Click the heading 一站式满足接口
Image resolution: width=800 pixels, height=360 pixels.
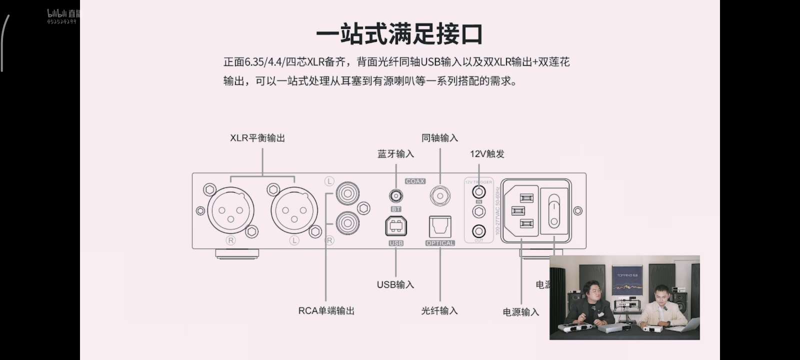click(399, 34)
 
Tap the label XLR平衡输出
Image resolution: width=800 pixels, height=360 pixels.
click(257, 138)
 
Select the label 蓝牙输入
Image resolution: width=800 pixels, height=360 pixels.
click(395, 154)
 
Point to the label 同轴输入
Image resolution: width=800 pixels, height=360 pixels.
click(439, 138)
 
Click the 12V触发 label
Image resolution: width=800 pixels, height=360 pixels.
click(487, 154)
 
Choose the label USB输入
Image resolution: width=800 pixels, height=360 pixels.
click(395, 284)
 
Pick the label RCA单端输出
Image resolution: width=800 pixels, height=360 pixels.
click(326, 310)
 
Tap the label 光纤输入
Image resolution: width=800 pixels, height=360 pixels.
click(439, 310)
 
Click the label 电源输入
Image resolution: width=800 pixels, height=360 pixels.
click(521, 312)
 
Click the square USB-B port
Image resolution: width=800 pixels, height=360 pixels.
click(396, 226)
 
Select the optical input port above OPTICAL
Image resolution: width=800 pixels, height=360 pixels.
click(440, 227)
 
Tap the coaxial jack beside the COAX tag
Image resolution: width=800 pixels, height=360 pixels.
click(440, 196)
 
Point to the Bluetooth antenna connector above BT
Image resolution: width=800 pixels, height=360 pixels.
click(396, 195)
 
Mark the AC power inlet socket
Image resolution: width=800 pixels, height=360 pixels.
click(520, 210)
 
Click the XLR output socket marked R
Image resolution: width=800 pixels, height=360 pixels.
click(230, 210)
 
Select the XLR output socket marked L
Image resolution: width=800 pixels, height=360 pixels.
click(294, 210)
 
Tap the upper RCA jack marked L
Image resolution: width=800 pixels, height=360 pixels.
click(347, 192)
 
